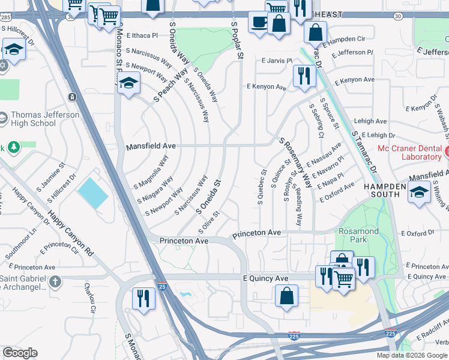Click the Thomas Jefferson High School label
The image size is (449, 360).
(x=45, y=119)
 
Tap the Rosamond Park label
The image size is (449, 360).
(x=358, y=235)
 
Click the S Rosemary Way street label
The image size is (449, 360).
(x=295, y=162)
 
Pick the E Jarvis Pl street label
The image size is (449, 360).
(x=277, y=61)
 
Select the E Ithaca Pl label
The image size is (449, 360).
(x=142, y=35)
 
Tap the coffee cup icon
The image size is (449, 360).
(x=259, y=22)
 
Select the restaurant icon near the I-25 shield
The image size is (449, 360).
(x=143, y=297)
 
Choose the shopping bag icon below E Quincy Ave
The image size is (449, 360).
(x=287, y=295)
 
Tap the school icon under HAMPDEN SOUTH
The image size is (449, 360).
(x=418, y=193)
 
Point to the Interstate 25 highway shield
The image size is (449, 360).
(x=161, y=287)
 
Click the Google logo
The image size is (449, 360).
(x=20, y=353)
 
